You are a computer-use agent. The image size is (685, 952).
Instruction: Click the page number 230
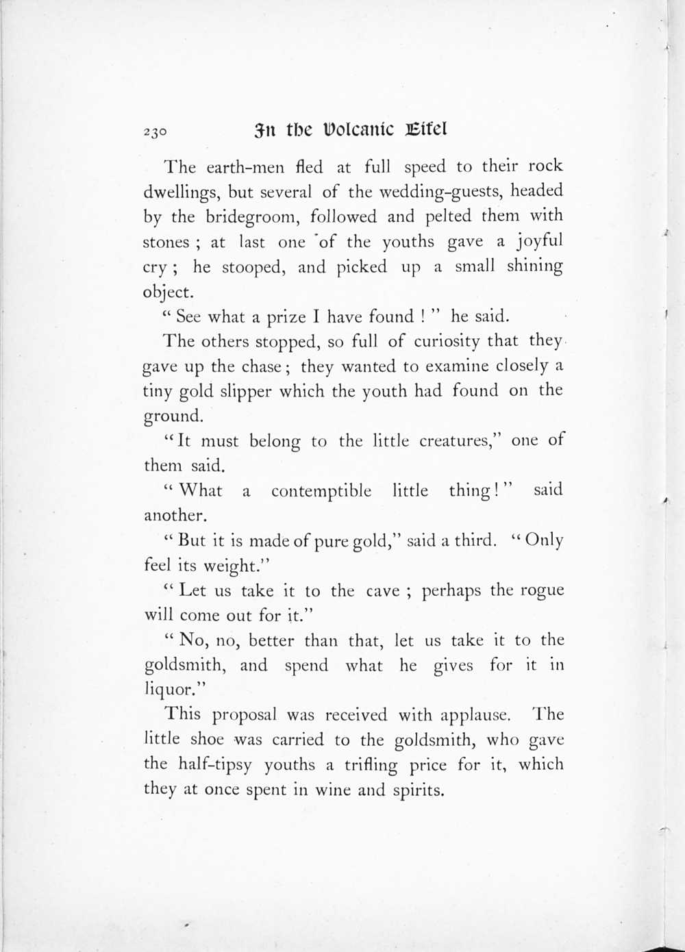pos(155,131)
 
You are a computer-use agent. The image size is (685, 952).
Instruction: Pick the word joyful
pos(539,242)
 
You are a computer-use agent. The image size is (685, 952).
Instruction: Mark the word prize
pos(286,316)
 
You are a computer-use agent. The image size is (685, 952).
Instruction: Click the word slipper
pos(245,392)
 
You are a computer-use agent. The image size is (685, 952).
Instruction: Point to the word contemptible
pos(321,491)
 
